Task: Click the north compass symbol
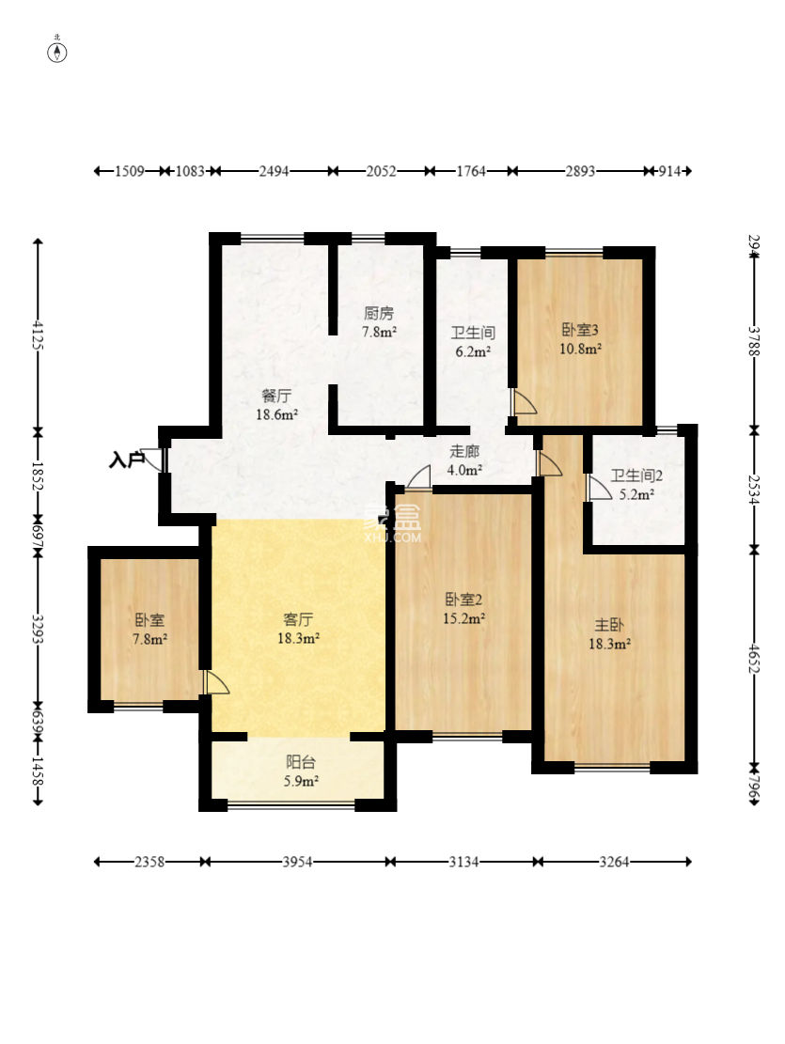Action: pyautogui.click(x=57, y=52)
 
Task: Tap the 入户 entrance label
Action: pyautogui.click(x=127, y=460)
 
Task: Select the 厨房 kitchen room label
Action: pyautogui.click(x=379, y=313)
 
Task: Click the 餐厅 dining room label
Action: pyautogui.click(x=275, y=397)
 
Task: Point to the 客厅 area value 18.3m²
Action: pyautogui.click(x=298, y=638)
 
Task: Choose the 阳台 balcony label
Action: pyautogui.click(x=300, y=763)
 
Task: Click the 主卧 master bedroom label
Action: pyautogui.click(x=609, y=625)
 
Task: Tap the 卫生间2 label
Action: pyautogui.click(x=636, y=476)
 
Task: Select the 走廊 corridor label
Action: pyautogui.click(x=463, y=451)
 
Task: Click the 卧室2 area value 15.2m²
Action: pyautogui.click(x=463, y=618)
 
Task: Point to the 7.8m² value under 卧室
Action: pyautogui.click(x=149, y=639)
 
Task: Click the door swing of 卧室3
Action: pyautogui.click(x=524, y=401)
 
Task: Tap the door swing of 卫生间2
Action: pyautogui.click(x=599, y=487)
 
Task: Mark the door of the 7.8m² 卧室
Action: pyautogui.click(x=216, y=682)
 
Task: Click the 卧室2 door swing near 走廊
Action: pyautogui.click(x=419, y=478)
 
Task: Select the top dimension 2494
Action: pyautogui.click(x=274, y=171)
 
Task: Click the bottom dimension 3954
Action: pyautogui.click(x=297, y=862)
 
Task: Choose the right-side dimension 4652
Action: pyautogui.click(x=754, y=659)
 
